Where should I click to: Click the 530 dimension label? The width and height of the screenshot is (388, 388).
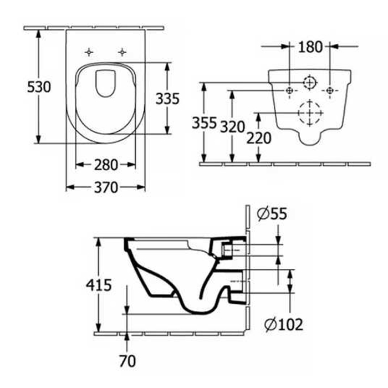coord(39,86)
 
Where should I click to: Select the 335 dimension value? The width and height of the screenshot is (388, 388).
coord(167,99)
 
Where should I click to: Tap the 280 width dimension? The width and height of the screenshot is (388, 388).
coord(105,165)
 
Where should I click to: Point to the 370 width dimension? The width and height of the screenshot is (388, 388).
coord(105,188)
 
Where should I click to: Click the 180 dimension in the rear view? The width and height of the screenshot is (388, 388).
coord(310,47)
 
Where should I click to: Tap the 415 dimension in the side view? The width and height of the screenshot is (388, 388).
coord(100,285)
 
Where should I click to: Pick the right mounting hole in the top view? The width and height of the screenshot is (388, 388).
coord(121,52)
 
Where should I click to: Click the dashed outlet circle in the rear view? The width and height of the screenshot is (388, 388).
coord(309,113)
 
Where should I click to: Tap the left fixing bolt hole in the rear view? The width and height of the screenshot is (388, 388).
coord(289,90)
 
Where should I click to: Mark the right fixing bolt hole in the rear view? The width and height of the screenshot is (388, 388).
coord(330,90)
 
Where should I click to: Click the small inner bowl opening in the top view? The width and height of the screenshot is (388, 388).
coord(105,84)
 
